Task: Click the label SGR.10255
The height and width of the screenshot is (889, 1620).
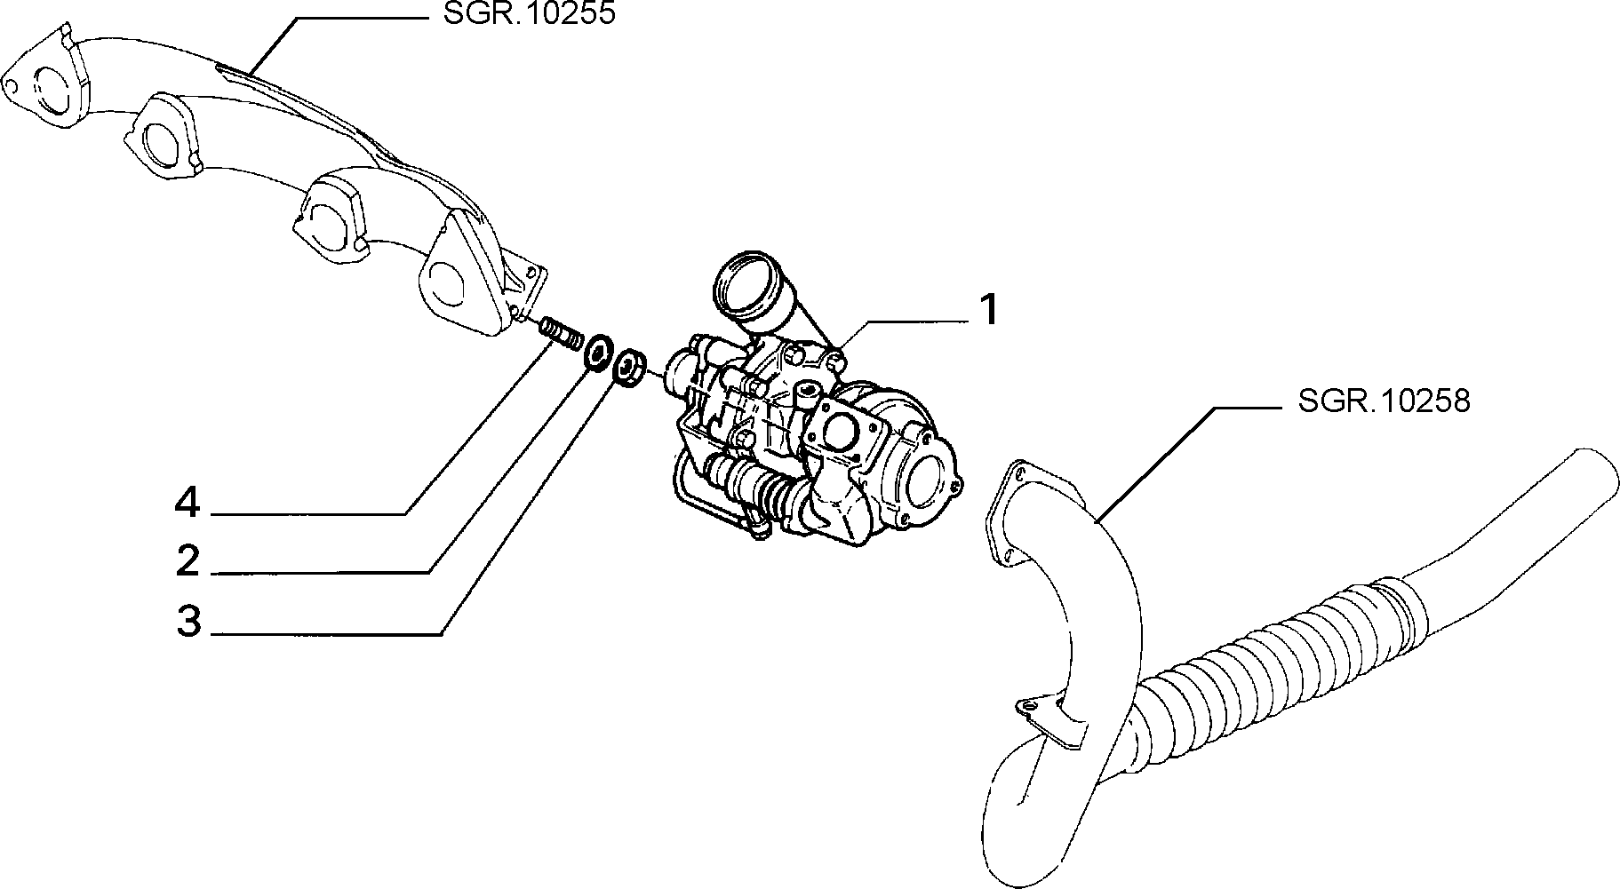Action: click(528, 14)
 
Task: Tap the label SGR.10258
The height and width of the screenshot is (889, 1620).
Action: click(1384, 401)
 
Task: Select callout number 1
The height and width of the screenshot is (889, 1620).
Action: click(988, 310)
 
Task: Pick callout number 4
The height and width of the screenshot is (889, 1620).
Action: click(188, 504)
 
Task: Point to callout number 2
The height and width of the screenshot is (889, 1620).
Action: click(188, 560)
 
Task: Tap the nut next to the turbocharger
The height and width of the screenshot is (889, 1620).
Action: click(630, 366)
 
